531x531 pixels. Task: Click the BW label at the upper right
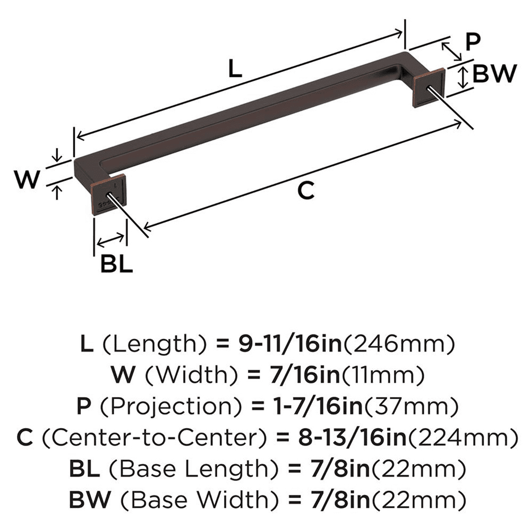pos(494,74)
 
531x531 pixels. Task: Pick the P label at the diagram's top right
pos(473,42)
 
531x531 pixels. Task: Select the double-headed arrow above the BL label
pos(111,240)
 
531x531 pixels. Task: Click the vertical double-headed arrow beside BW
pos(464,77)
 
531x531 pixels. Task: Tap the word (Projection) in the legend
pos(151,407)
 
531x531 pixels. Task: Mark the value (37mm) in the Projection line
pos(410,407)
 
